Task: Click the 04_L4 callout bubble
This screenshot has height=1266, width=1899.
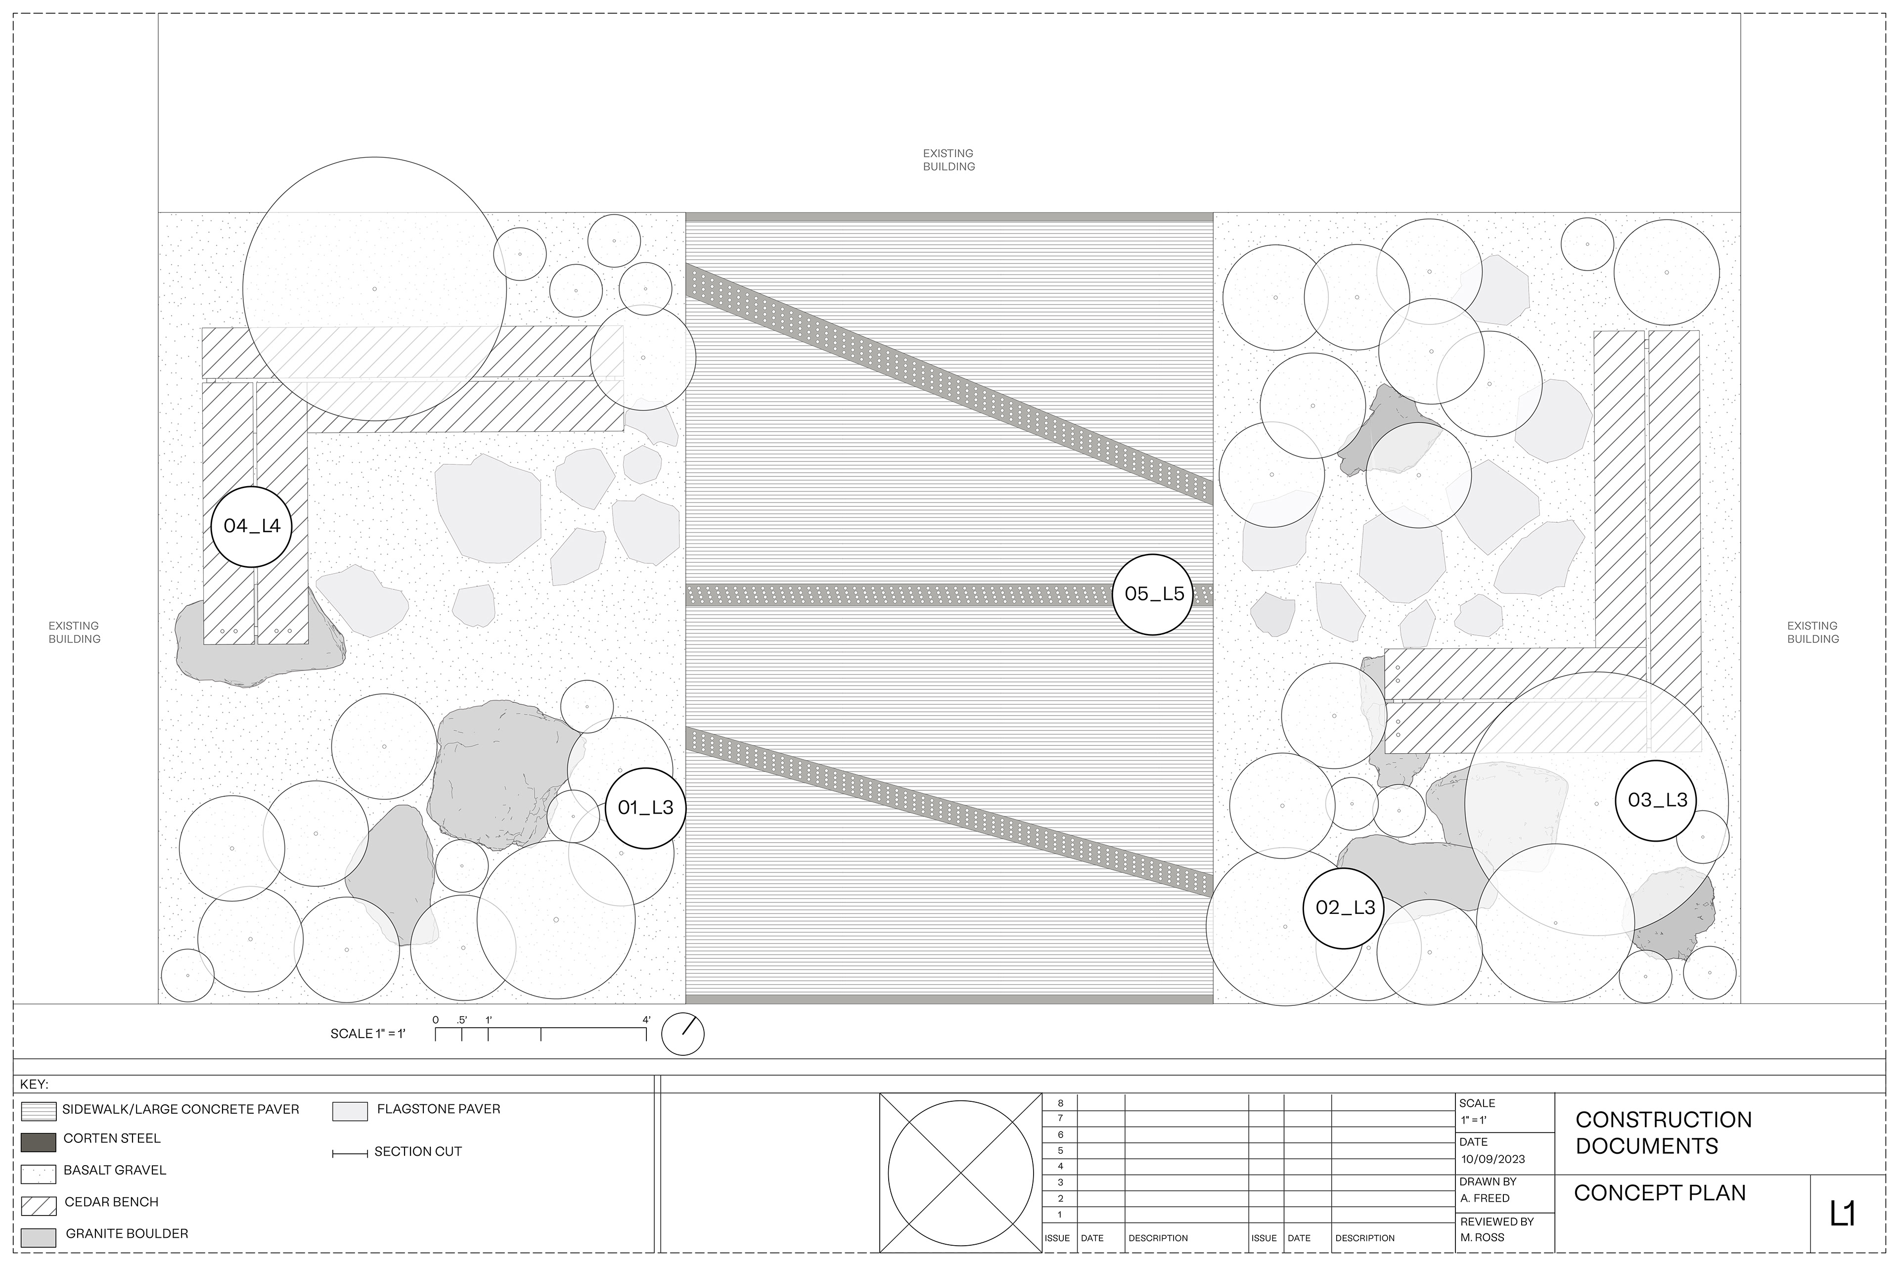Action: pyautogui.click(x=251, y=526)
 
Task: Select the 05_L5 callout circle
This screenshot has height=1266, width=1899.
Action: pyautogui.click(x=1153, y=594)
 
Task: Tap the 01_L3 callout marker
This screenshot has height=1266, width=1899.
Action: pyautogui.click(x=645, y=808)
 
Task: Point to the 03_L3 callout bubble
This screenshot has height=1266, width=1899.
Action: pyautogui.click(x=1656, y=800)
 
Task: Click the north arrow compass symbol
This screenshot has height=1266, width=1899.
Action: pyautogui.click(x=682, y=1034)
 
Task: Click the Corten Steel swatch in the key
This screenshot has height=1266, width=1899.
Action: pyautogui.click(x=38, y=1142)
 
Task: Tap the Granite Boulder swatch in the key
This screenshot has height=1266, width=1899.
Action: pyautogui.click(x=38, y=1237)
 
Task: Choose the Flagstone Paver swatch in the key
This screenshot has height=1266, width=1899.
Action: pyautogui.click(x=350, y=1112)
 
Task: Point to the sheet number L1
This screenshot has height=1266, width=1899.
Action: pyautogui.click(x=1843, y=1214)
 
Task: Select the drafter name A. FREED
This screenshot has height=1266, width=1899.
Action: pyautogui.click(x=1485, y=1198)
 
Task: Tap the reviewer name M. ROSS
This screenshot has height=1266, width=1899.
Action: pyautogui.click(x=1483, y=1237)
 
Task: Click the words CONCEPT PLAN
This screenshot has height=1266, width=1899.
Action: pyautogui.click(x=1659, y=1193)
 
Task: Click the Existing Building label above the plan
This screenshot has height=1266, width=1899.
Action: pyautogui.click(x=949, y=160)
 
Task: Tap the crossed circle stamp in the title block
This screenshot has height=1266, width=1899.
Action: pyautogui.click(x=961, y=1173)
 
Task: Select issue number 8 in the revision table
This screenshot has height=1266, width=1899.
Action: pyautogui.click(x=1060, y=1103)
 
